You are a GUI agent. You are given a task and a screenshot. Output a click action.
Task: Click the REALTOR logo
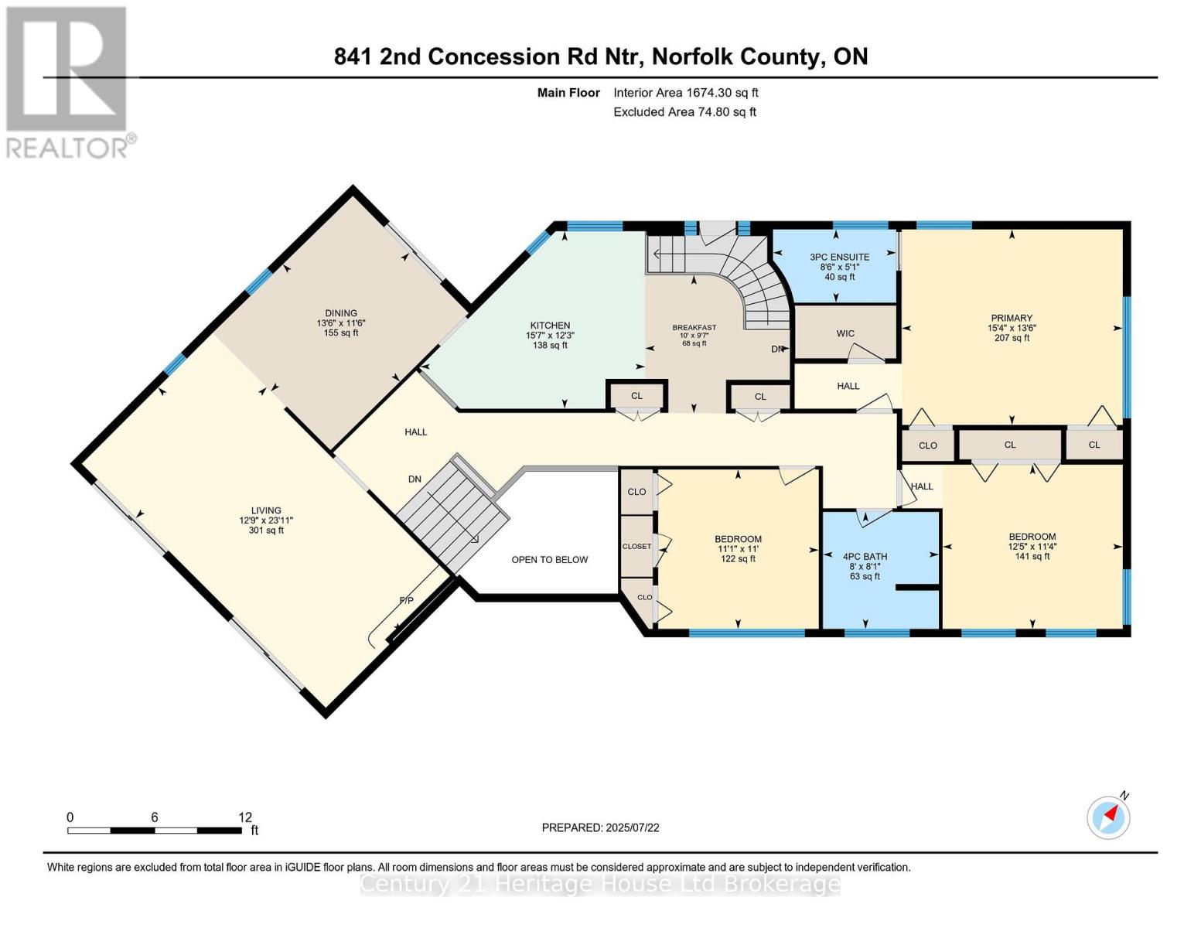pyautogui.click(x=67, y=82)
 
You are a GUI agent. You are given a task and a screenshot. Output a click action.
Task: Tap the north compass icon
pyautogui.click(x=1109, y=817)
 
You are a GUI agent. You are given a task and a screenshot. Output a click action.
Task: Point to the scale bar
pyautogui.click(x=154, y=830)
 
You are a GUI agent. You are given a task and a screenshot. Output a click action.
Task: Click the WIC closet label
pyautogui.click(x=845, y=333)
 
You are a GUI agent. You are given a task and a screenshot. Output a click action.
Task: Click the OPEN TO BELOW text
pyautogui.click(x=549, y=559)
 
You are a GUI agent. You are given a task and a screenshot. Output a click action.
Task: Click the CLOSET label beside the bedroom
pyautogui.click(x=636, y=546)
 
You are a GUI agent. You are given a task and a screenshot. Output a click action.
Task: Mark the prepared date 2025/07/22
pyautogui.click(x=600, y=827)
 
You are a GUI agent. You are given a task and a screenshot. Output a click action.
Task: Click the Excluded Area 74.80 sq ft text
pyautogui.click(x=684, y=111)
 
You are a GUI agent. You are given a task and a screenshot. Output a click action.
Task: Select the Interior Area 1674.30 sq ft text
pyautogui.click(x=685, y=92)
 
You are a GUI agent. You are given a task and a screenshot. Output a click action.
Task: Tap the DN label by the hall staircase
pyautogui.click(x=415, y=479)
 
